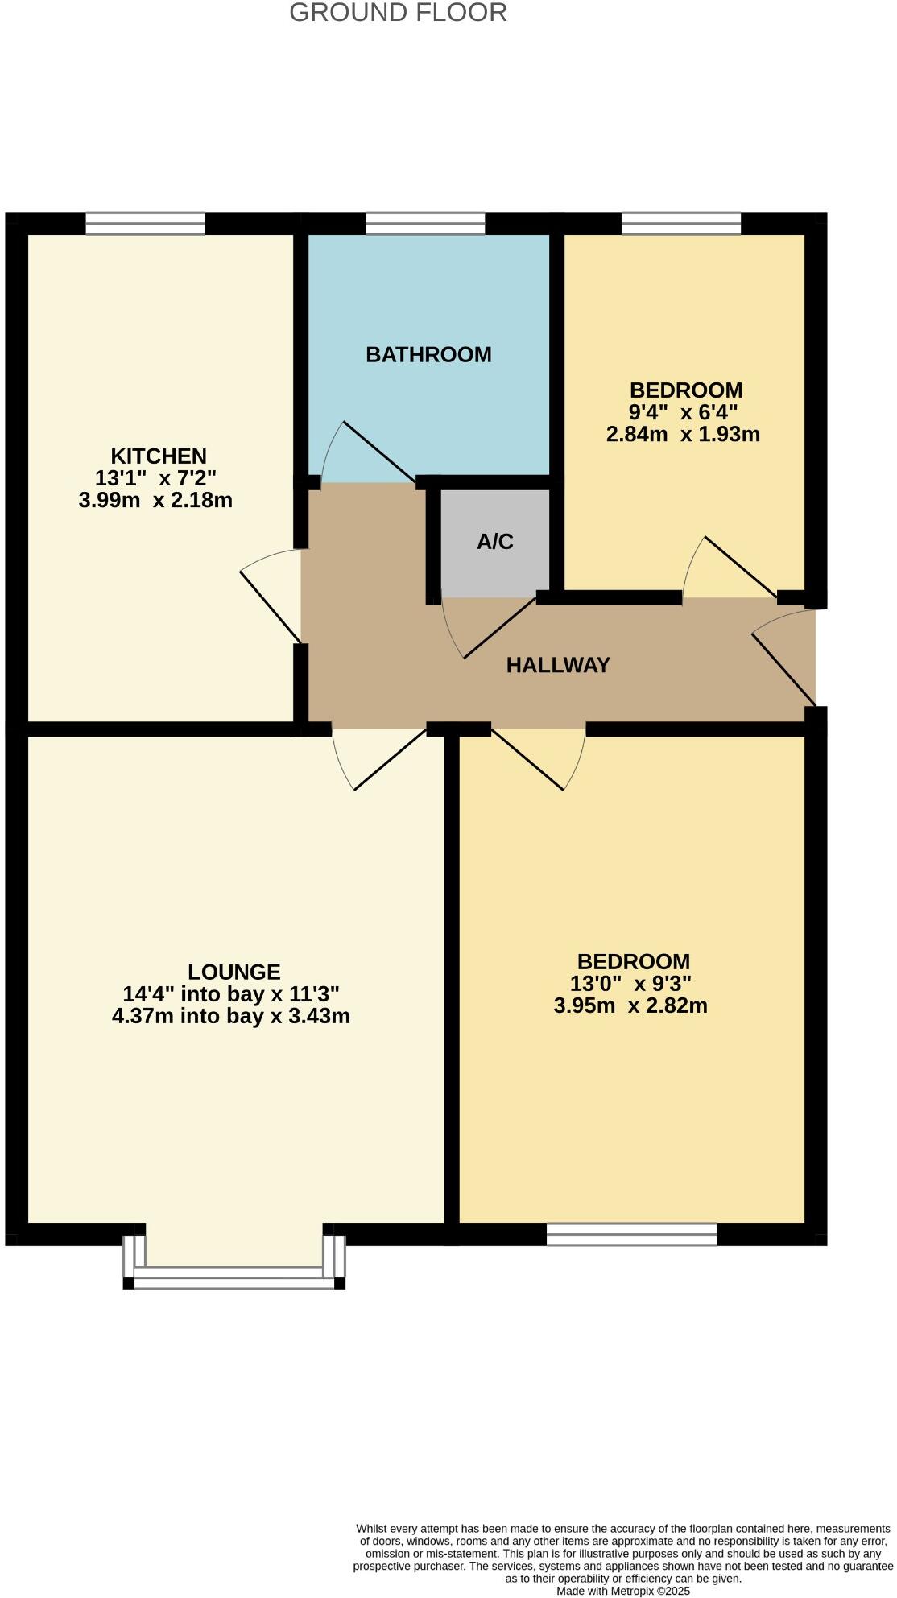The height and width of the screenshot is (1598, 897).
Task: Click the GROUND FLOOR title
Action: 398,13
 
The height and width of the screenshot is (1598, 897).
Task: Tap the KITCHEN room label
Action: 159,456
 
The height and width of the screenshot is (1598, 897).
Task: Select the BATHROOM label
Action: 428,354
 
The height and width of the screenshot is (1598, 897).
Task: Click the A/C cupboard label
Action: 494,542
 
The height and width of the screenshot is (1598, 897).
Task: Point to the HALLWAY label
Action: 558,665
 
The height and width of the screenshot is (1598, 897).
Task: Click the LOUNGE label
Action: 234,972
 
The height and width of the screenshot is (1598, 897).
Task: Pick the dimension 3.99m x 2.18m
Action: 155,500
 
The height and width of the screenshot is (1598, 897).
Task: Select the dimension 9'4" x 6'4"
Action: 684,412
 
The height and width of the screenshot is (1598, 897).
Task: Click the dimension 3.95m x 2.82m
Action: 630,1005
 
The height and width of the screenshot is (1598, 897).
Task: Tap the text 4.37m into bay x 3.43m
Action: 231,1016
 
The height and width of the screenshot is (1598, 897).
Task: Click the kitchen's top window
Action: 145,223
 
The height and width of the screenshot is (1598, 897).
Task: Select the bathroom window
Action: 425,223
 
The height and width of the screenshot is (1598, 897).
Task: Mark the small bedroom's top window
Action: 681,223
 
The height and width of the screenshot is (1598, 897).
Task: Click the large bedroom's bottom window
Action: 631,1234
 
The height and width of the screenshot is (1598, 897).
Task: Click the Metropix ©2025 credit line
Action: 623,1591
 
